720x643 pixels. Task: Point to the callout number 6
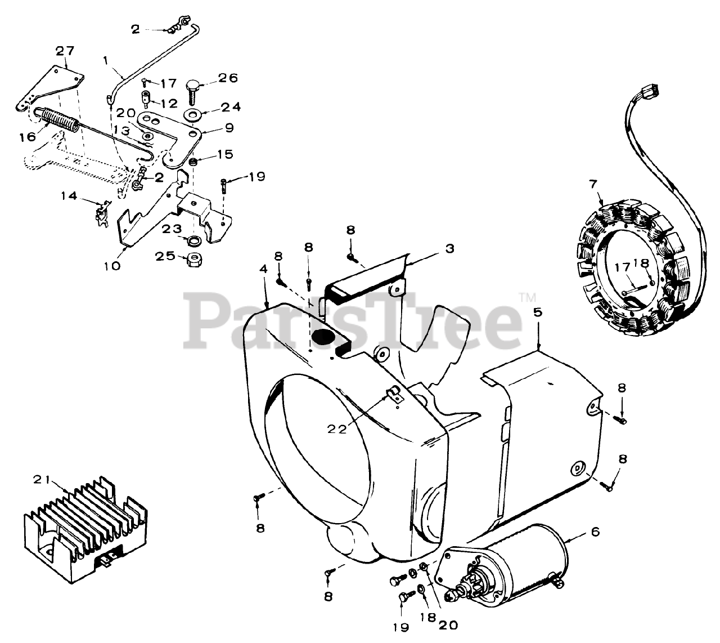point(596,531)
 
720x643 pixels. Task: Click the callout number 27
point(65,51)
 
